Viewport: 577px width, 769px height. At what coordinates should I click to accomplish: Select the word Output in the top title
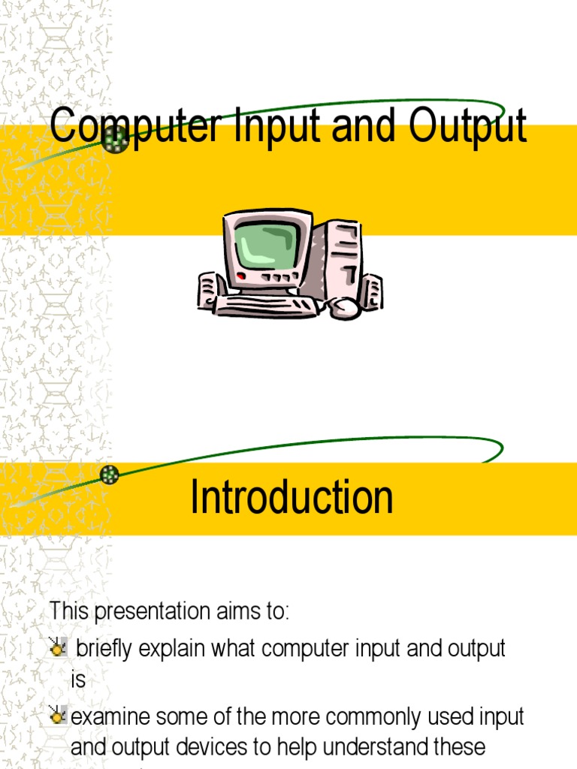[x=468, y=127]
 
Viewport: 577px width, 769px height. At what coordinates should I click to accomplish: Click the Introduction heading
[x=292, y=497]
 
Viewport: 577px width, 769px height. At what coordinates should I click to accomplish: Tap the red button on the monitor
[x=241, y=277]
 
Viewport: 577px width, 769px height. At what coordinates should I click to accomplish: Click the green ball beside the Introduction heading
[x=110, y=474]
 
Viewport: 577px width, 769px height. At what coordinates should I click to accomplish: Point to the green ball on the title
[x=116, y=139]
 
